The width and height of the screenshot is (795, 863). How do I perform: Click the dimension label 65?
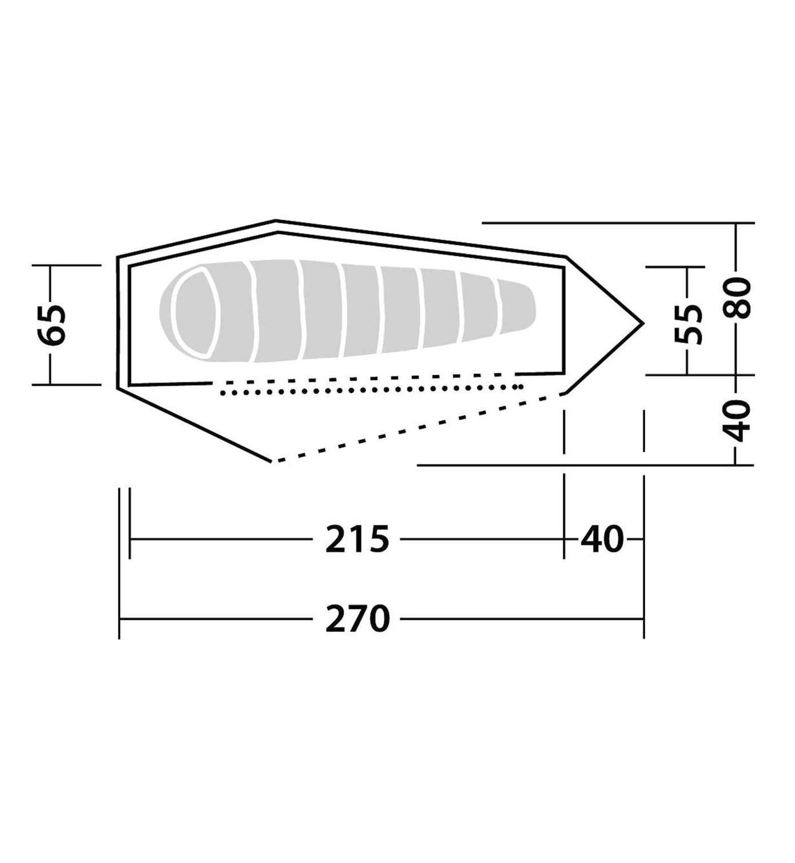coord(53,325)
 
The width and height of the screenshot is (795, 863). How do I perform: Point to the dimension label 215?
coord(357,539)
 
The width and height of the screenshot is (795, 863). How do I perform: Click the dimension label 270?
coord(357,619)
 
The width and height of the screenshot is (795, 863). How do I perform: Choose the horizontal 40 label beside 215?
coord(602,539)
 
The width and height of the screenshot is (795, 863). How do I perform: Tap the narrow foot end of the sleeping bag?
coord(516,307)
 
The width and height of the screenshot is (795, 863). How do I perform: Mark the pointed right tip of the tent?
coord(643,323)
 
